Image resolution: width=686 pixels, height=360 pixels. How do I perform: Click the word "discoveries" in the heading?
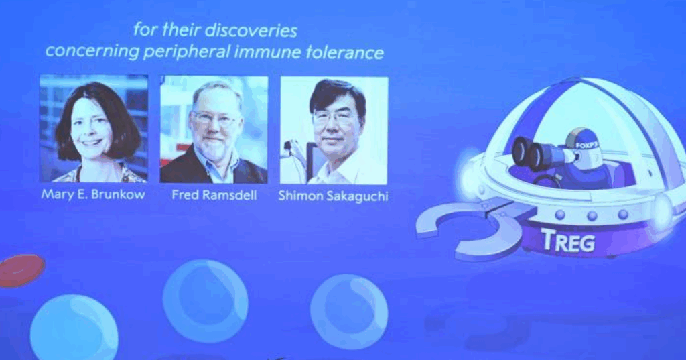coord(251,31)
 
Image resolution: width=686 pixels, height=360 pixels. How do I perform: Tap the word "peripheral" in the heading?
coord(186,52)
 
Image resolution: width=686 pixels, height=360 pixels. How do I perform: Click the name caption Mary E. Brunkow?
coord(93,194)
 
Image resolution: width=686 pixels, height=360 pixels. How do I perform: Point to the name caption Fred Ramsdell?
coord(214,194)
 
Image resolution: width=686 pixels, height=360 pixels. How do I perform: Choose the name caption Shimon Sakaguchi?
coord(334,195)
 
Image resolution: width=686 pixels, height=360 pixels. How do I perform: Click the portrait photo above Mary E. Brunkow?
coord(94,128)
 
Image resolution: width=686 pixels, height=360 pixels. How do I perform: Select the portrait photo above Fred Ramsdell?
coord(214,129)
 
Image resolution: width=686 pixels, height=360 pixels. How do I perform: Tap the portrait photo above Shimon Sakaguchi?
coord(334,131)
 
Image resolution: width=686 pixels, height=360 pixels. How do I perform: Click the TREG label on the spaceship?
coord(568,241)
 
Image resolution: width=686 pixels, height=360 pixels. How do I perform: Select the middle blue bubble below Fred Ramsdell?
coord(205,301)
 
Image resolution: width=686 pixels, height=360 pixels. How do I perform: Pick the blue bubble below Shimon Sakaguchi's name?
coord(348,311)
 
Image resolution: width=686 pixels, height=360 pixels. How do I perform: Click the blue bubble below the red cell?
coord(74,328)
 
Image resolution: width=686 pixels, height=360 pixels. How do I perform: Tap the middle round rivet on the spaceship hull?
coord(592,215)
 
